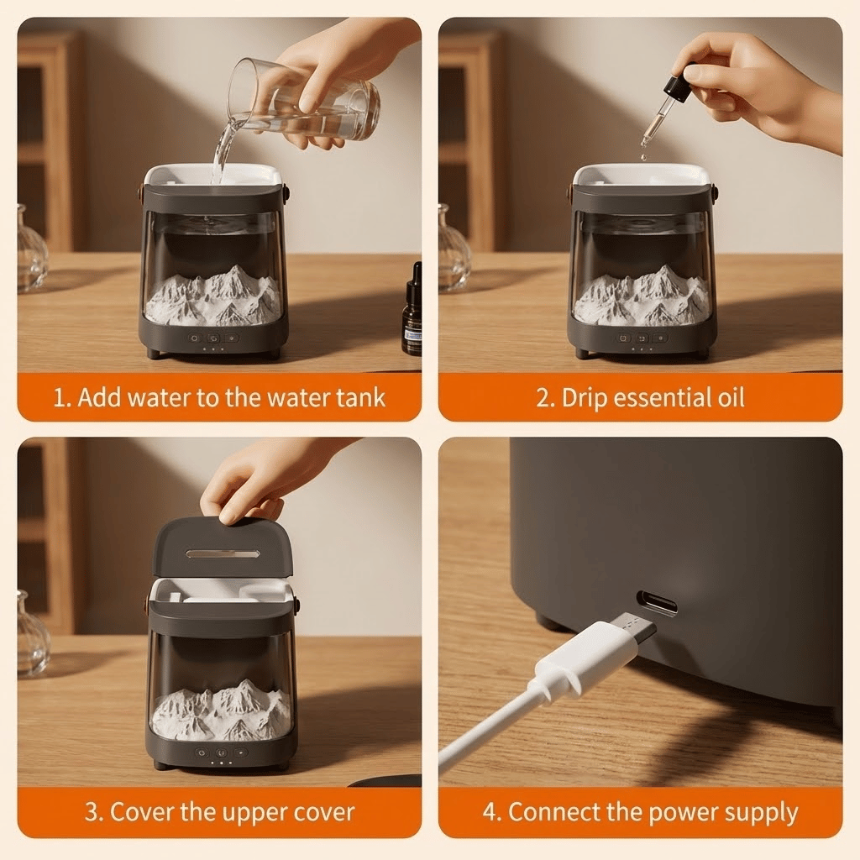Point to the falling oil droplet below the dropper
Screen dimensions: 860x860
tap(643, 157)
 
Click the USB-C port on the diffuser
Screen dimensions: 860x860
tap(657, 603)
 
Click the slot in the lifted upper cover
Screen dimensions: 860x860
tap(222, 554)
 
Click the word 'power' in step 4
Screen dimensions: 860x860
tap(679, 813)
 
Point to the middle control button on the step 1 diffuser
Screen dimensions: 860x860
tap(214, 338)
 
